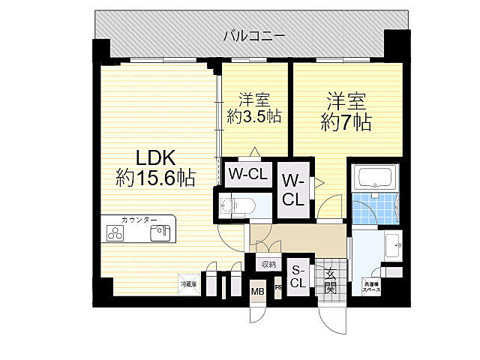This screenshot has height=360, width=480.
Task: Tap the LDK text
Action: pyautogui.click(x=155, y=158)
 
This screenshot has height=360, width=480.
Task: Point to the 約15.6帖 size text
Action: pyautogui.click(x=156, y=178)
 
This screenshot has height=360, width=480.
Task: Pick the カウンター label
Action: pyautogui.click(x=139, y=220)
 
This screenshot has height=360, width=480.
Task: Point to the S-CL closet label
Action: pyautogui.click(x=298, y=277)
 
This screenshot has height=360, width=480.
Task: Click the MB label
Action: pyautogui.click(x=257, y=292)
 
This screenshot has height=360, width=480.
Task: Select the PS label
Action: pyautogui.click(x=278, y=285)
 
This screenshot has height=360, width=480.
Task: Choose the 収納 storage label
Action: pyautogui.click(x=268, y=264)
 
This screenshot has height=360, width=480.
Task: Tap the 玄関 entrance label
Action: pyautogui.click(x=330, y=279)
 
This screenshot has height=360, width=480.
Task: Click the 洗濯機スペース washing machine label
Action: pyautogui.click(x=372, y=286)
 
